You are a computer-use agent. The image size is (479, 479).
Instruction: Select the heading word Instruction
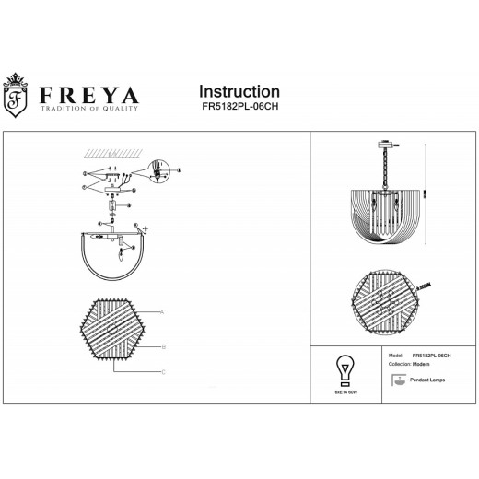[x=239, y=92]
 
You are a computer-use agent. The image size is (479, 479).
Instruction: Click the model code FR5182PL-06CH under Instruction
[x=239, y=107]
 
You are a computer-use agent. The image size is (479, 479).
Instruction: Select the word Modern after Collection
[x=422, y=363]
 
